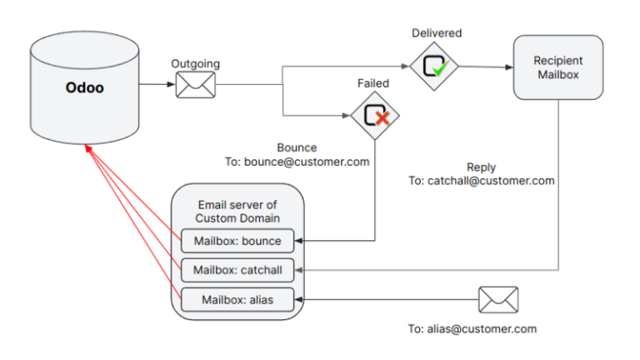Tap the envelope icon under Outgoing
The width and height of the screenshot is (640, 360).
tap(196, 84)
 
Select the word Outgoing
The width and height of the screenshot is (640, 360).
tap(196, 63)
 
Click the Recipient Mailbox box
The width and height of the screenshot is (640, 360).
tap(558, 68)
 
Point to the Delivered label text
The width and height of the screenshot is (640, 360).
tap(436, 32)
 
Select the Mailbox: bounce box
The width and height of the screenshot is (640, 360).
tap(237, 242)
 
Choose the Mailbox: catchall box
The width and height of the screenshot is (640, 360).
tap(237, 270)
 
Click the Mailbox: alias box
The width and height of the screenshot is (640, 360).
tap(237, 298)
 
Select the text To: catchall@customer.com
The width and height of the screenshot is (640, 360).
tap(481, 180)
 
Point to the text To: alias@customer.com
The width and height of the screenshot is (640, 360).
tap(472, 329)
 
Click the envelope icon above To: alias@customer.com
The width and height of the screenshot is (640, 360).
tap(498, 299)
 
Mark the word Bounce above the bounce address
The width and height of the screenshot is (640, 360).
tap(297, 148)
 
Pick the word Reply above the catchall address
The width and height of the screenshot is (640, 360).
tap(481, 167)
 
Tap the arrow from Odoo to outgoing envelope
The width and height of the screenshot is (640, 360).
tap(157, 84)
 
